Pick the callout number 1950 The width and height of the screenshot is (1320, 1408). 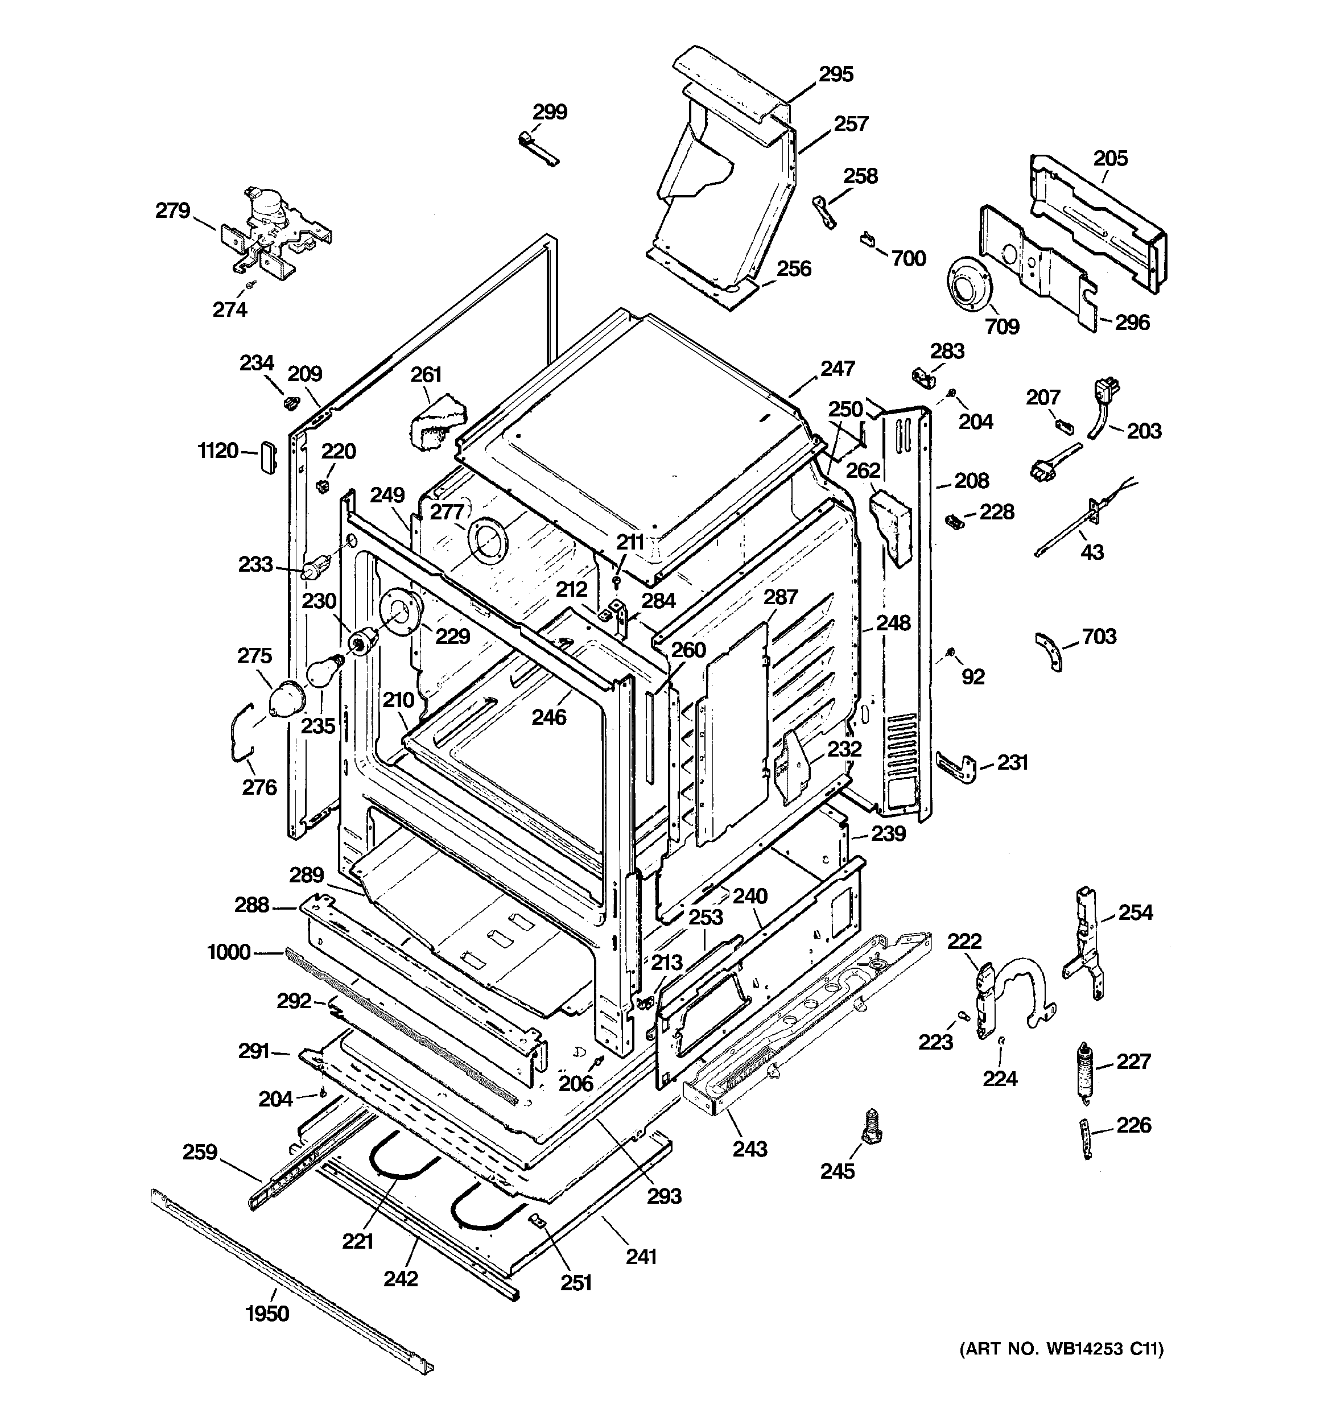267,1314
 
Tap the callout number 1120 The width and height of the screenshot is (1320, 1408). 217,451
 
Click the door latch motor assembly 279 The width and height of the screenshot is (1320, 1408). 273,230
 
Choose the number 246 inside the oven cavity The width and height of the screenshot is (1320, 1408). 549,717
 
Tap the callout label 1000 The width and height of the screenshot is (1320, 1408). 229,952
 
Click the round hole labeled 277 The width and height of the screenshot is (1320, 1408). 488,542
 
